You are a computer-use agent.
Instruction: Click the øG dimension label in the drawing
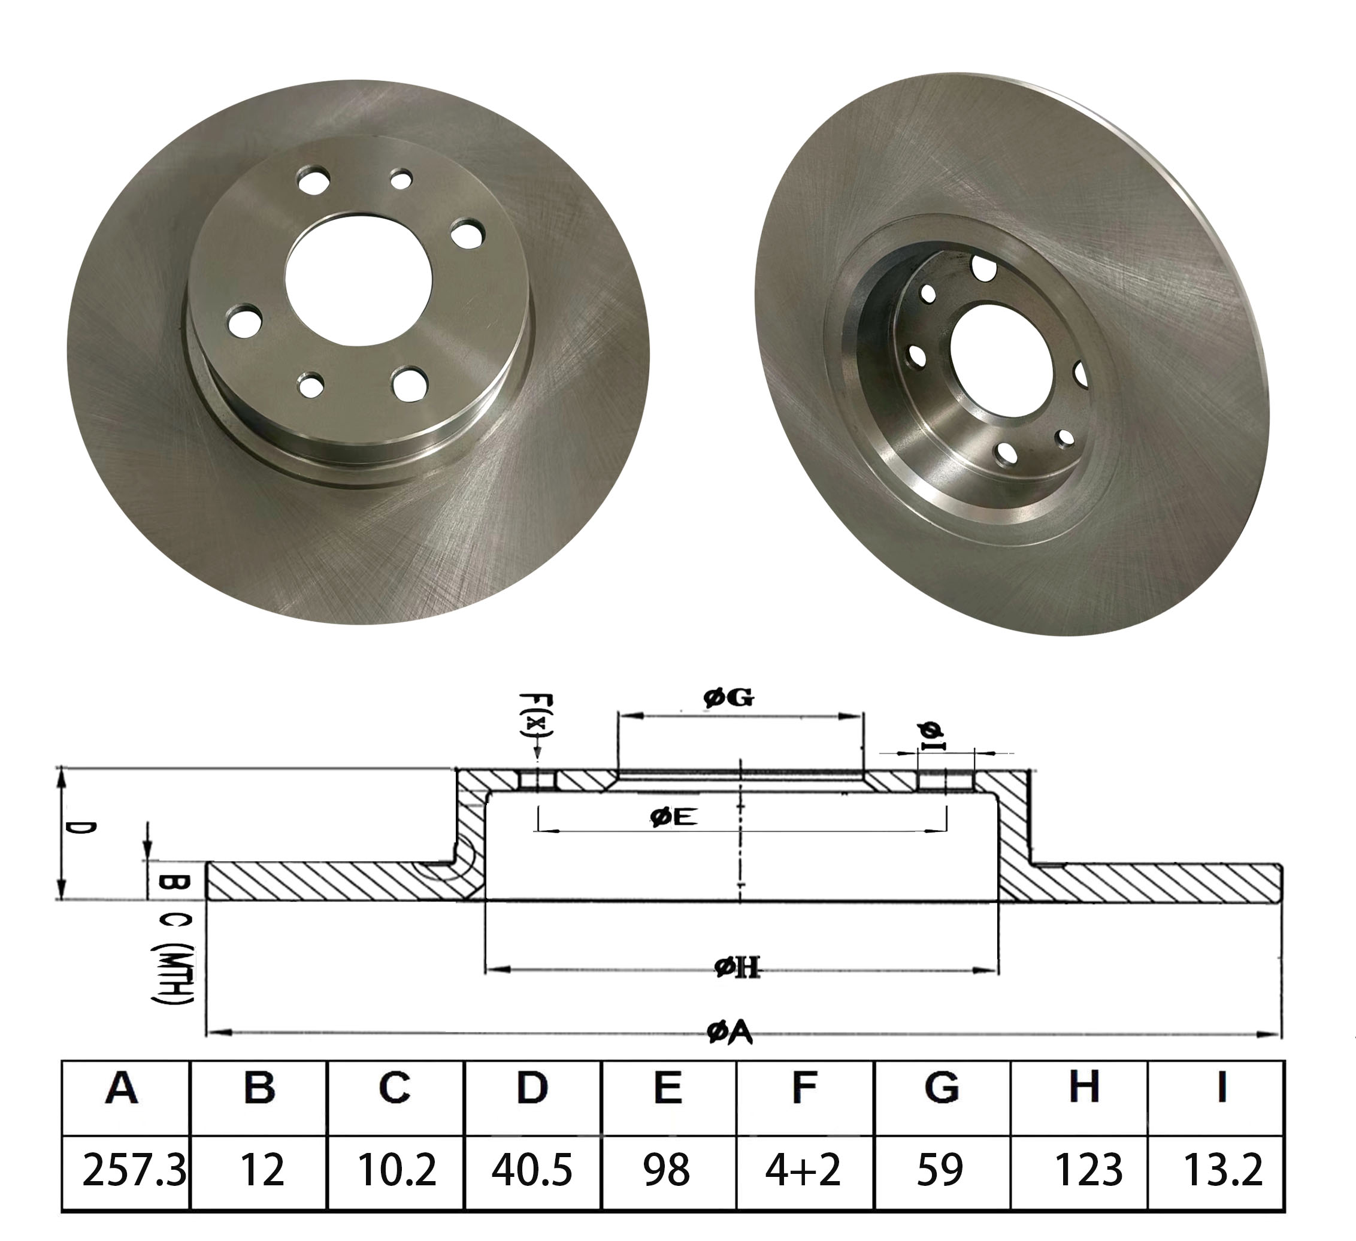click(728, 698)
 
